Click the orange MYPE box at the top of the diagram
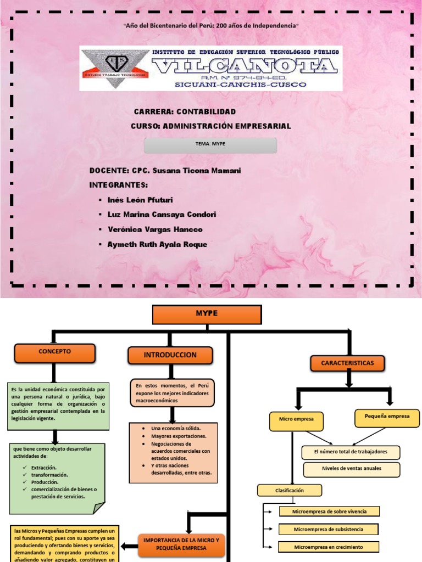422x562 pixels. click(x=207, y=314)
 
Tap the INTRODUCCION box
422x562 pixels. click(x=170, y=355)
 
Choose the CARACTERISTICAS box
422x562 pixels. click(x=347, y=363)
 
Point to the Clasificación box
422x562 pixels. click(x=290, y=490)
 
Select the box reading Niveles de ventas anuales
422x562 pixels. click(x=351, y=469)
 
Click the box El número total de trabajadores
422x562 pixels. click(x=351, y=452)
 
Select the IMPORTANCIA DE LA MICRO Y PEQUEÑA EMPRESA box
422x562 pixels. click(x=181, y=544)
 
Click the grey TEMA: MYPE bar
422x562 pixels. click(x=210, y=145)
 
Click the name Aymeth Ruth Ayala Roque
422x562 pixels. click(x=157, y=245)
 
